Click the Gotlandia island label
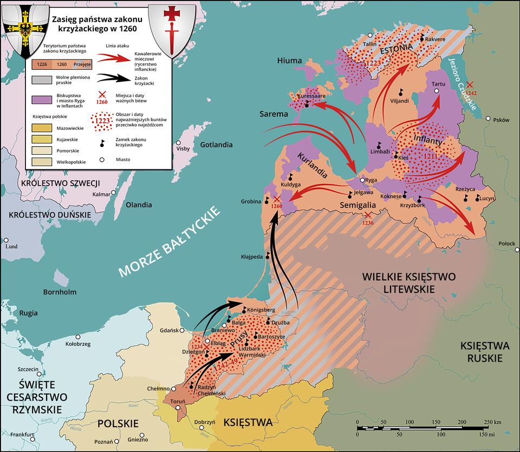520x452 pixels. (x=216, y=145)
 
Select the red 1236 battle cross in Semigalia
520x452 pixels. (x=368, y=214)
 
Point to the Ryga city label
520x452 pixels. (x=371, y=180)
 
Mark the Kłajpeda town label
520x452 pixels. (x=252, y=257)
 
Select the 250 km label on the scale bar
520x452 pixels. (x=492, y=422)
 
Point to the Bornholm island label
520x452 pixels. (x=60, y=292)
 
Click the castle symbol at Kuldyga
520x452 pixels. (x=291, y=177)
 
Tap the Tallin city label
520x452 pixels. (x=370, y=43)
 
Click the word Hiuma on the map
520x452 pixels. (x=289, y=61)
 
